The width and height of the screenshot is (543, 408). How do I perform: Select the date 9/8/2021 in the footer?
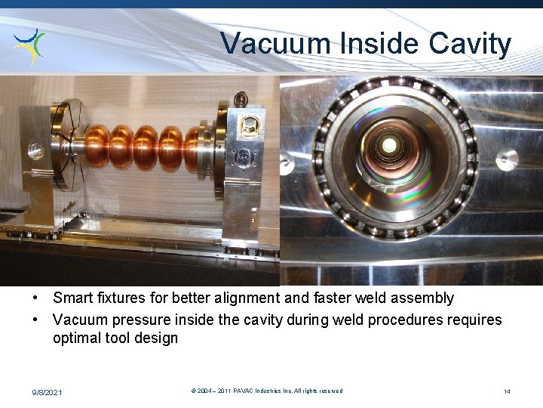click(48, 392)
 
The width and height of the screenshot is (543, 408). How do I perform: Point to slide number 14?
click(508, 391)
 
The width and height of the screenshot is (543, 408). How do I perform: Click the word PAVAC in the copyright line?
click(244, 391)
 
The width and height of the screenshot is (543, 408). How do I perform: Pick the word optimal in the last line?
click(78, 338)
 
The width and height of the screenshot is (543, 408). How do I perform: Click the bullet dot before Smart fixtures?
click(36, 298)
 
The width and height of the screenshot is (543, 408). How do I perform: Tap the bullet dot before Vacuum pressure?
click(36, 320)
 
